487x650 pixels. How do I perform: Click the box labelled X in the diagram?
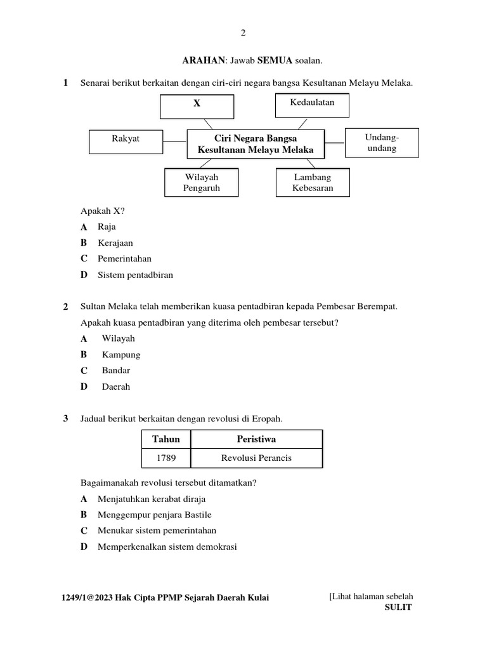coord(197,106)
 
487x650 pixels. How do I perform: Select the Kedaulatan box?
coord(312,105)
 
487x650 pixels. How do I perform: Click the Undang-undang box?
coord(381,143)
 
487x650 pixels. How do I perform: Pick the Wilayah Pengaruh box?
coord(202,182)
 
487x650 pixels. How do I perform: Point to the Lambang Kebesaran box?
coord(312,182)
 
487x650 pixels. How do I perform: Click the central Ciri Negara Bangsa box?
coord(256,144)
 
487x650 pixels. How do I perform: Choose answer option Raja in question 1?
coord(107,227)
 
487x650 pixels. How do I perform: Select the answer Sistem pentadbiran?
coord(135,275)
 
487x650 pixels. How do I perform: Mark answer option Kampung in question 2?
coord(120,355)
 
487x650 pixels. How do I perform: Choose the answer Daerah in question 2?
coord(115,387)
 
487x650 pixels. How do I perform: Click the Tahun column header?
coord(166,439)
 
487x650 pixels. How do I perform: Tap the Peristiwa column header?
coord(256,439)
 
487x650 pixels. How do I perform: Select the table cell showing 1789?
coord(166,458)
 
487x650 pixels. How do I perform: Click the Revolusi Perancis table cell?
coord(256,458)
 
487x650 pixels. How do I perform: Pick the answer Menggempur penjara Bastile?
coord(154,515)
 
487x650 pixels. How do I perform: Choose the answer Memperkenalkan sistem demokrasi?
coord(167,547)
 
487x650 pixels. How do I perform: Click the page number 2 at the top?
coord(243,33)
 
